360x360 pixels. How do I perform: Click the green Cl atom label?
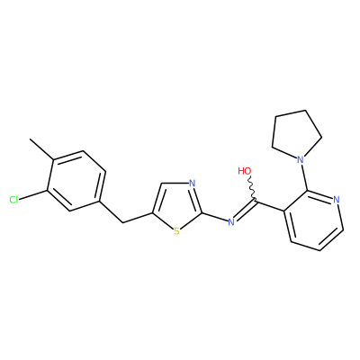[13, 200]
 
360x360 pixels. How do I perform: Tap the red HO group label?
[244, 171]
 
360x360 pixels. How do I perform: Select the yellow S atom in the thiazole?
[176, 231]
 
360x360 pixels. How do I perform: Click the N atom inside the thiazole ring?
[193, 184]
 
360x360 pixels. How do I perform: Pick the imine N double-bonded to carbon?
[230, 222]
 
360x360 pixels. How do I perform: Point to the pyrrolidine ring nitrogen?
[299, 159]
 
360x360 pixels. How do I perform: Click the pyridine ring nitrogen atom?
[336, 200]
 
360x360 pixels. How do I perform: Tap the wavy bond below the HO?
[252, 187]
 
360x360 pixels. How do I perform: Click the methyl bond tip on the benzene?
[30, 139]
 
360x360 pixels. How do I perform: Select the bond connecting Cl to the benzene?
[33, 194]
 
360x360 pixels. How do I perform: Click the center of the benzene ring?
[76, 181]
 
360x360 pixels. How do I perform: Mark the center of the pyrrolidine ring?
[296, 135]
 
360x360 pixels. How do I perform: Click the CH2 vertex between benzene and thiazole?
[122, 222]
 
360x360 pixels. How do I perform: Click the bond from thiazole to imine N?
[215, 218]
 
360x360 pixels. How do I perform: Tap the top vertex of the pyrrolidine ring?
[306, 111]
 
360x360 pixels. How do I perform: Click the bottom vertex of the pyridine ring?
[320, 250]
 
